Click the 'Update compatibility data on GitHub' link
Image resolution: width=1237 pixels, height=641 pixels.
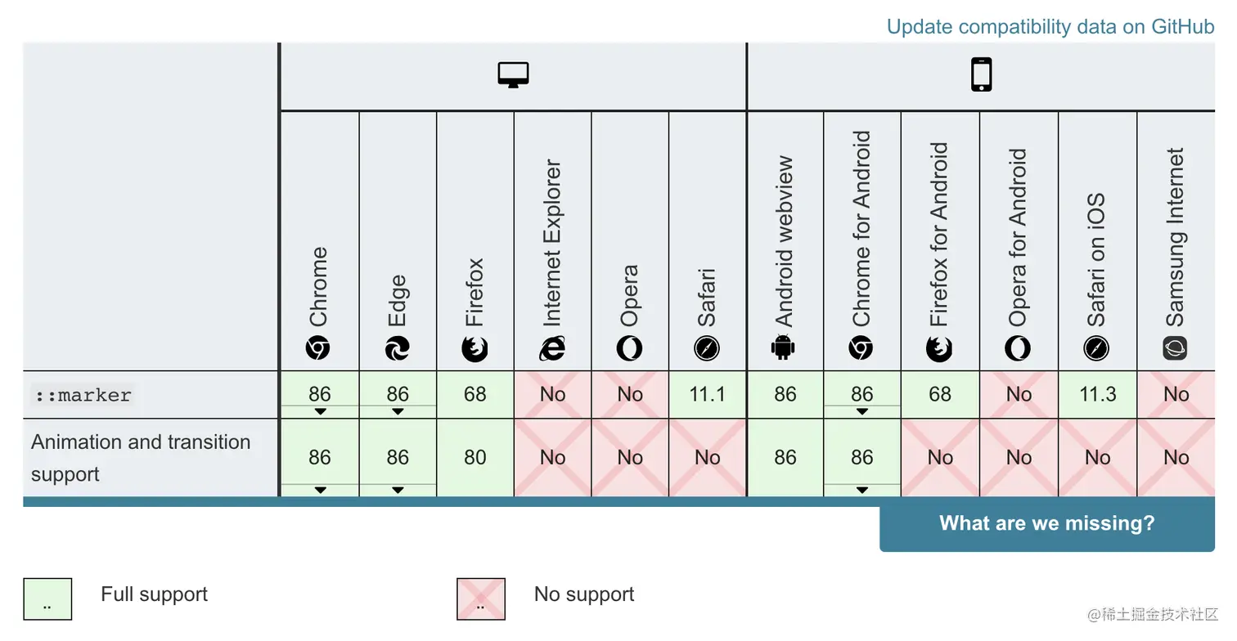(1050, 26)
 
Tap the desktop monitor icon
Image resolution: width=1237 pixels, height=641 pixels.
(513, 74)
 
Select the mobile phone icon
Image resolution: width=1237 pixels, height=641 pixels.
(981, 74)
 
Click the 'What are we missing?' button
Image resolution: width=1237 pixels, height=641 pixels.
(1046, 524)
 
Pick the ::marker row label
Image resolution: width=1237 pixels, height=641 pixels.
(83, 396)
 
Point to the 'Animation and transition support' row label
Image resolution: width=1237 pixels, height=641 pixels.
(141, 458)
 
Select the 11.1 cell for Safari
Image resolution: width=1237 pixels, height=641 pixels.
(707, 395)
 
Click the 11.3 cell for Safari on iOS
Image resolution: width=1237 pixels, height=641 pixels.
(1097, 395)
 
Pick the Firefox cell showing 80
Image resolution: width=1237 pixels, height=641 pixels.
(475, 458)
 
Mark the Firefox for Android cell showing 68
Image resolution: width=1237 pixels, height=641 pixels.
(940, 395)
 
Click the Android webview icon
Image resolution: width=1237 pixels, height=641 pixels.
(783, 349)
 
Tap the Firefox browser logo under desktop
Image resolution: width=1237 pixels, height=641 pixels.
(475, 349)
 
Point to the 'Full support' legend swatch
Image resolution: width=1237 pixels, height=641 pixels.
(47, 598)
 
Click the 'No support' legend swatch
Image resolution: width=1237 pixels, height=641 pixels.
(480, 598)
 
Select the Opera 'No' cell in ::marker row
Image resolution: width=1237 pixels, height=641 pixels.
(629, 395)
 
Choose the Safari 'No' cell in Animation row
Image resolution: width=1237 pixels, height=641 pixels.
(707, 458)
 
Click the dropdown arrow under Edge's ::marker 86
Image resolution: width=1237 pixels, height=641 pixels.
(398, 411)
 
